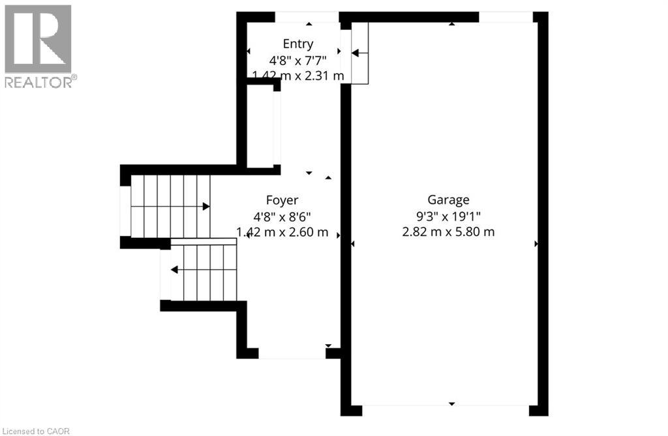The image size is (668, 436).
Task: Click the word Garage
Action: point(448,200)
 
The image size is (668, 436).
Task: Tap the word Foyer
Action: point(282,200)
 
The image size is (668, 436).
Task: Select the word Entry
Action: point(298,44)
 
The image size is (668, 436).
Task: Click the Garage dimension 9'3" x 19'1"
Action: point(448,216)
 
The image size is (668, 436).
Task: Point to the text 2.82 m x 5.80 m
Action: point(448,232)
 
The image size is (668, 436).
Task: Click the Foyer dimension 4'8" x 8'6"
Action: point(282,216)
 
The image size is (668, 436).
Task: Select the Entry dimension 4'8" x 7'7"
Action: point(298,60)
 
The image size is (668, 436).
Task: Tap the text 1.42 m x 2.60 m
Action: point(282,232)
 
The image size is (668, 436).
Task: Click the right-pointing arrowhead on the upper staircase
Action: point(206,207)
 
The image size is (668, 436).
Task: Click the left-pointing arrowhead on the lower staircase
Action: point(174,270)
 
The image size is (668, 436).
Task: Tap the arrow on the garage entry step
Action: point(359,53)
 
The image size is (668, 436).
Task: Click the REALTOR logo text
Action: point(41,81)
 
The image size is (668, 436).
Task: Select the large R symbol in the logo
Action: point(38,38)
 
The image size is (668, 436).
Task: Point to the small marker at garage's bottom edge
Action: point(451,403)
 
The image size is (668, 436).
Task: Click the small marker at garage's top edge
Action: point(451,24)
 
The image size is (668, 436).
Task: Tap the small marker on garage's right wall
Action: point(536,244)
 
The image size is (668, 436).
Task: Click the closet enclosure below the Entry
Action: point(260,125)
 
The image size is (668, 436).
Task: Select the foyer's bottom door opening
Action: point(292,353)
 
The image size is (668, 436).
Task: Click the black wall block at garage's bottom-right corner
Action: point(538,411)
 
